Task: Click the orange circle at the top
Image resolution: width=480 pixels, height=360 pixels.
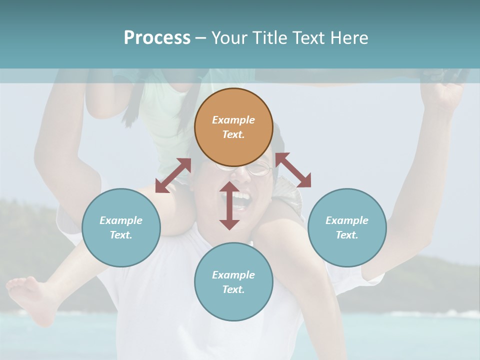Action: click(x=233, y=127)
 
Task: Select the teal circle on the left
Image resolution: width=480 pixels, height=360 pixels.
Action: click(x=121, y=227)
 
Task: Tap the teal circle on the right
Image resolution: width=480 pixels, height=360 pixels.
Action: click(x=347, y=227)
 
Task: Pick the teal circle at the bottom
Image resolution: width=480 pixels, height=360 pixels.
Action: click(x=233, y=282)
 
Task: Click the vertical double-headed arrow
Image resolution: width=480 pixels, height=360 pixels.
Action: click(x=229, y=205)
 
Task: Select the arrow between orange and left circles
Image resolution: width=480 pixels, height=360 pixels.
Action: click(x=173, y=175)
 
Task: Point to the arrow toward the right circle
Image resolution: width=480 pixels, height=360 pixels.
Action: click(x=293, y=170)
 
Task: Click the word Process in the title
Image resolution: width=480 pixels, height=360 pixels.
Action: click(x=157, y=37)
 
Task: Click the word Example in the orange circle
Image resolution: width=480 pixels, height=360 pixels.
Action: click(x=233, y=120)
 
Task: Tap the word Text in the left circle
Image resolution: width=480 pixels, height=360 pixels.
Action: click(x=121, y=235)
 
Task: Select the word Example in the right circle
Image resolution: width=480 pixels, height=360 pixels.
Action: click(x=347, y=220)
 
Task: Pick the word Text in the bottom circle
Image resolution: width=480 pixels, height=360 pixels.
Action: click(x=233, y=289)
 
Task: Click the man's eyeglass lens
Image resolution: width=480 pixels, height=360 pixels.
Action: click(x=259, y=169)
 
